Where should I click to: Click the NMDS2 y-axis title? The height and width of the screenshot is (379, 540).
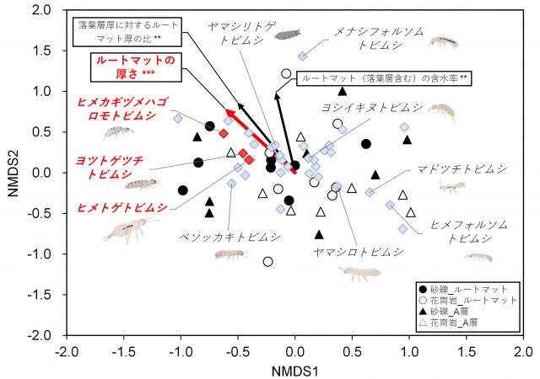point(13,173)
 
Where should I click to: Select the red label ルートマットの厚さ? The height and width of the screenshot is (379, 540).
point(135,67)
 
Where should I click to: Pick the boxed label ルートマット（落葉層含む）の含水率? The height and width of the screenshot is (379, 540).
point(385,78)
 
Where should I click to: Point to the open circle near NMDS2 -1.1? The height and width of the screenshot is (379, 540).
point(268,261)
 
